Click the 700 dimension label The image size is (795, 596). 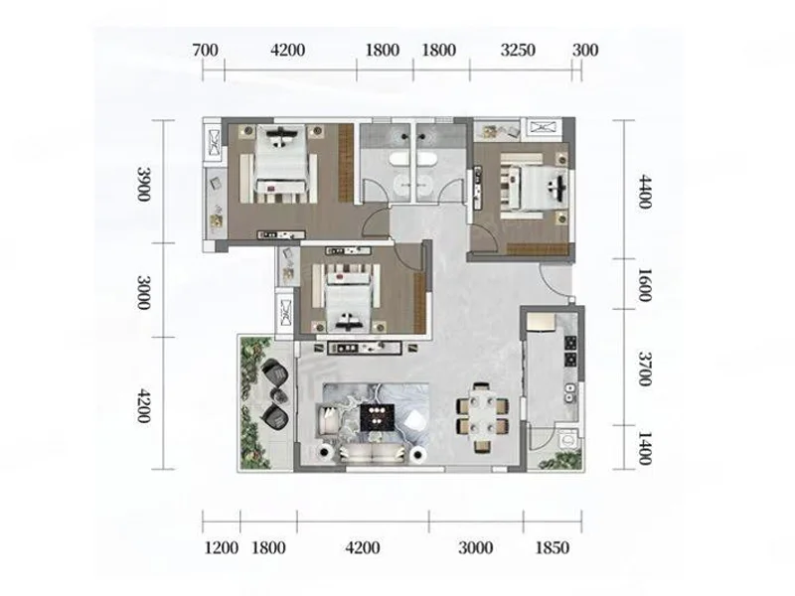pyautogui.click(x=206, y=51)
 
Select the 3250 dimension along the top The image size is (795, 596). pyautogui.click(x=518, y=51)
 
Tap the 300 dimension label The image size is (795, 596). pyautogui.click(x=585, y=51)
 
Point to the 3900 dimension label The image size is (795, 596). pyautogui.click(x=144, y=184)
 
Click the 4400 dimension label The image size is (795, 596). pyautogui.click(x=644, y=192)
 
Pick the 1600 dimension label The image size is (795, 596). pyautogui.click(x=644, y=285)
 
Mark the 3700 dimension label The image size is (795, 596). pyautogui.click(x=644, y=369)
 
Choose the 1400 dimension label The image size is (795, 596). pyautogui.click(x=644, y=448)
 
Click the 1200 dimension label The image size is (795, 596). pyautogui.click(x=222, y=548)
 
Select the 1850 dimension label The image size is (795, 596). pyautogui.click(x=553, y=548)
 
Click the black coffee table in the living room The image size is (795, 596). pyautogui.click(x=378, y=417)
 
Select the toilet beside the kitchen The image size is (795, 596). pyautogui.click(x=566, y=439)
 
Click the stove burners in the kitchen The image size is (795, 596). pyautogui.click(x=570, y=352)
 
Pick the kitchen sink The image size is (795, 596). pyautogui.click(x=570, y=393)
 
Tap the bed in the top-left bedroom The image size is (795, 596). pyautogui.click(x=279, y=163)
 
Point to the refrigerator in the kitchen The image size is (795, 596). pyautogui.click(x=542, y=323)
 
